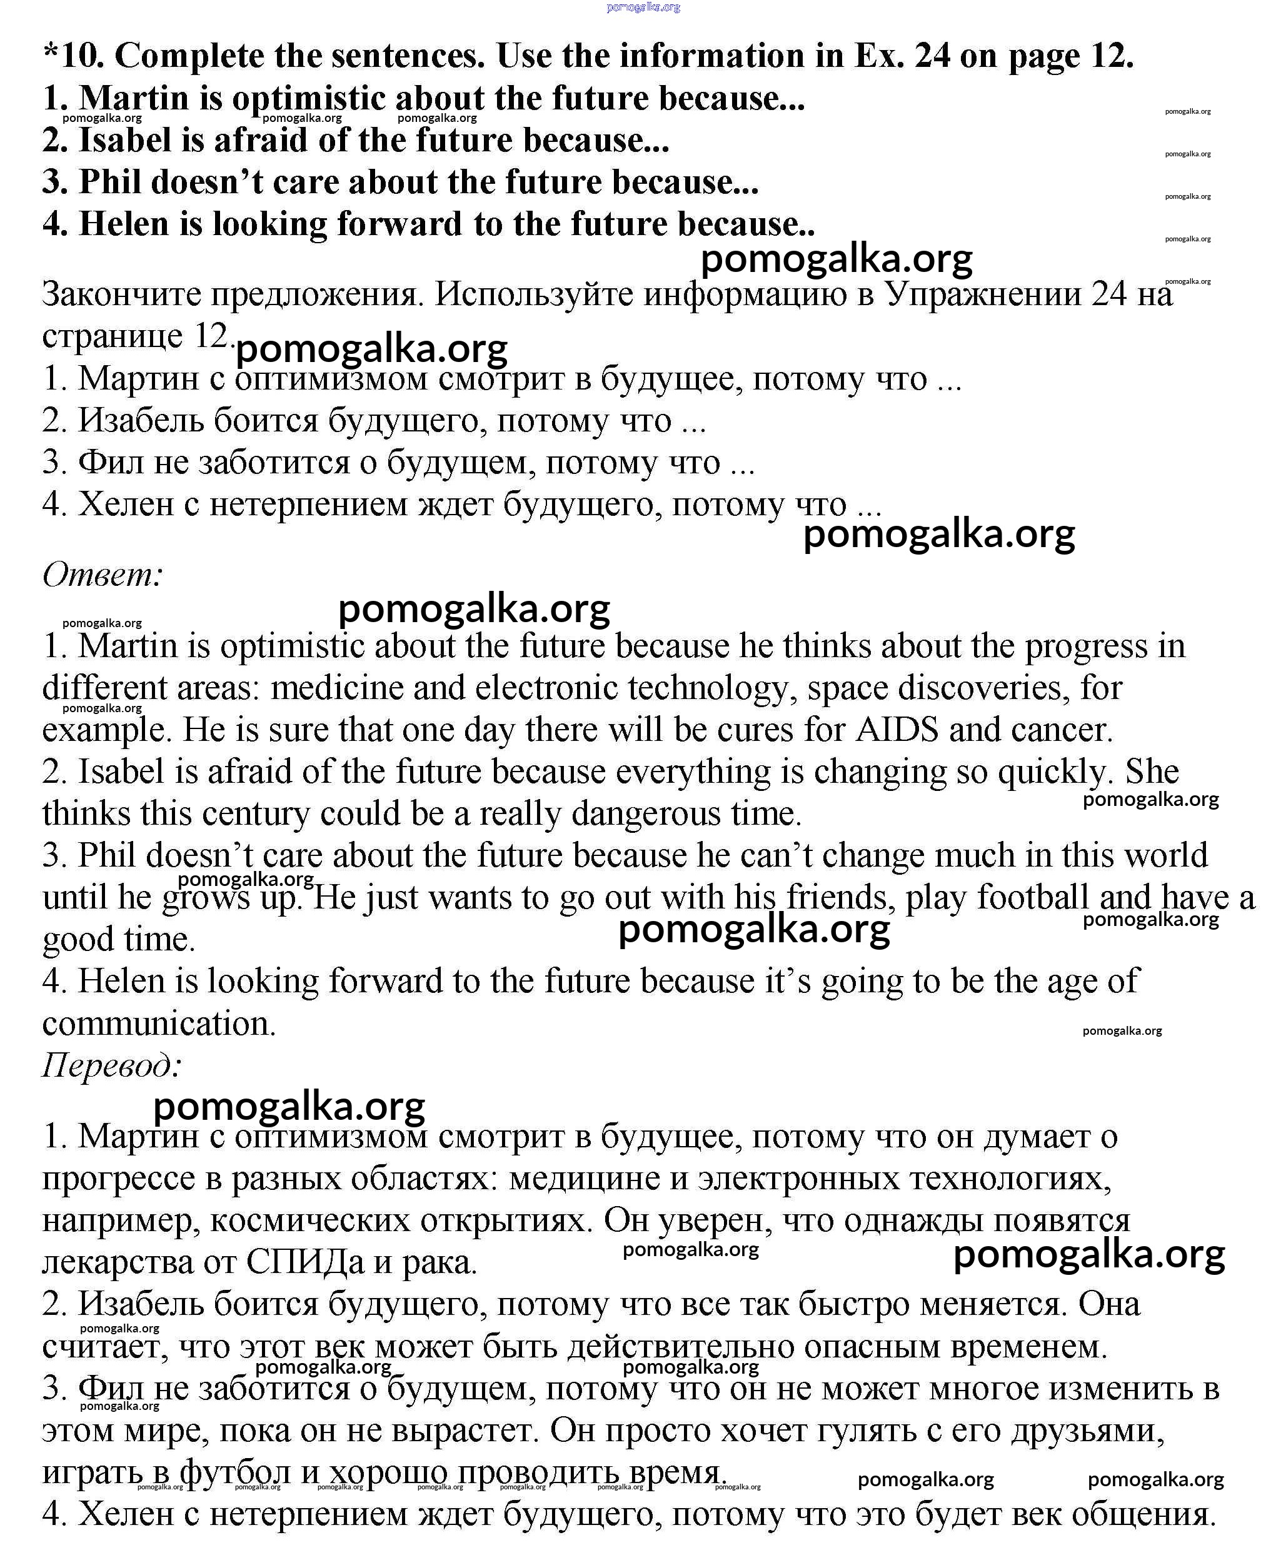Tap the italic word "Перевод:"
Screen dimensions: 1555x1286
pos(112,1065)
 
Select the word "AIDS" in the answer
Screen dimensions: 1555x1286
pos(897,730)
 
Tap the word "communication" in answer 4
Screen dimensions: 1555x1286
pos(158,1024)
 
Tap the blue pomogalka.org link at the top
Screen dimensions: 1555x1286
pos(643,8)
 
